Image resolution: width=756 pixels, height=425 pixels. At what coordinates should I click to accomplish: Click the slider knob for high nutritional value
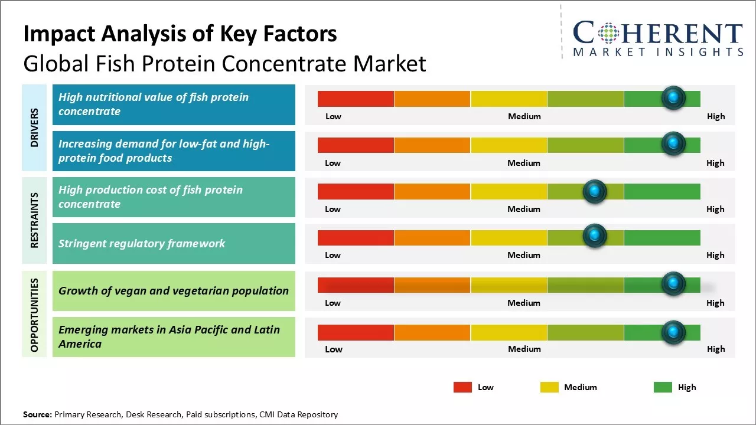tap(673, 97)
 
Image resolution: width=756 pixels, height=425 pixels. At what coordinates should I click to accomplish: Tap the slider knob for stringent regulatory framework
tap(595, 237)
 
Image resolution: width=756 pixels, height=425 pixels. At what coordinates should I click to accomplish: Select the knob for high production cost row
tap(595, 191)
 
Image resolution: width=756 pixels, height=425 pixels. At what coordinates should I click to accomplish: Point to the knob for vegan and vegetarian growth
tap(673, 284)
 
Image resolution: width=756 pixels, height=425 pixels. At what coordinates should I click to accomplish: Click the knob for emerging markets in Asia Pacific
tap(673, 332)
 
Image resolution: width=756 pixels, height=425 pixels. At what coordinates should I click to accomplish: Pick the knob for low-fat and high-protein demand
tap(673, 143)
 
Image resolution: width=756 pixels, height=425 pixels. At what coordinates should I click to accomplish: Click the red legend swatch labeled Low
tap(462, 387)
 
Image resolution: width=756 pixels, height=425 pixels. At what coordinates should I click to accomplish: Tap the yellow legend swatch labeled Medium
tap(549, 387)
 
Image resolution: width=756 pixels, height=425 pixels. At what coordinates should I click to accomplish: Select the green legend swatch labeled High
tap(663, 387)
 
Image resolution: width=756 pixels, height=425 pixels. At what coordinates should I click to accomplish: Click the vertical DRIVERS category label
tap(34, 127)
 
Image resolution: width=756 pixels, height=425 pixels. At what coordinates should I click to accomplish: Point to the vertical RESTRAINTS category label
tap(34, 220)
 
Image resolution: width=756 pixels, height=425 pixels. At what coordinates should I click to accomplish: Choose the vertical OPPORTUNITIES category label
tap(34, 315)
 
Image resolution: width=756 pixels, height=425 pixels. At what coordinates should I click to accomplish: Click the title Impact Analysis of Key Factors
tap(180, 34)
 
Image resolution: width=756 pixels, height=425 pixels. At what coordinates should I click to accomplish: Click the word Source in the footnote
tap(37, 414)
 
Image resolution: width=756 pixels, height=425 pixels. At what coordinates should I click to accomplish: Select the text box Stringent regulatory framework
tap(174, 243)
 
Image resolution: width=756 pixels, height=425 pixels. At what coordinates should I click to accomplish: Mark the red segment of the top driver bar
tap(356, 99)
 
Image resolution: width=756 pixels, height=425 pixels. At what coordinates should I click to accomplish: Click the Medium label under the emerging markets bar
tap(524, 349)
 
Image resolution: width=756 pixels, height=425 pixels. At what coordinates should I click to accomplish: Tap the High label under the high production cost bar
tap(715, 209)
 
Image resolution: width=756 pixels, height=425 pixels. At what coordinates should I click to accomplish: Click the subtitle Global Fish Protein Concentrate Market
tap(224, 63)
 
